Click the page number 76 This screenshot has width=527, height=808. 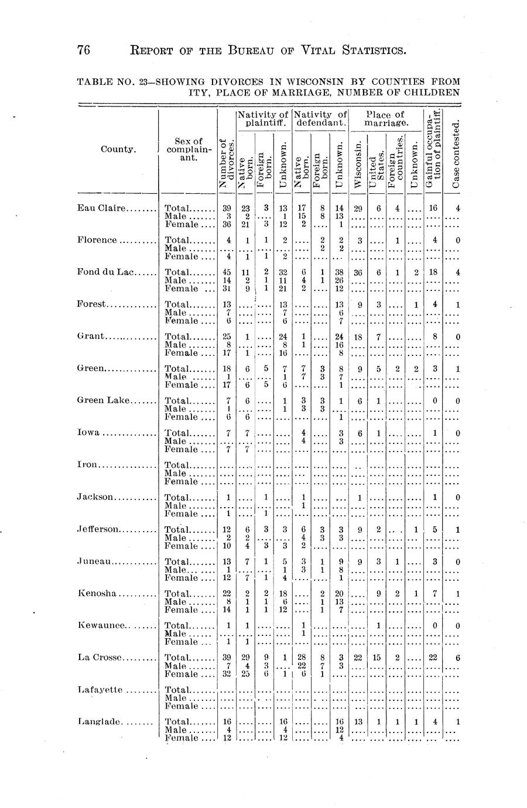(x=84, y=51)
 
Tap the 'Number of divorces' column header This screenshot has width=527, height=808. (x=226, y=162)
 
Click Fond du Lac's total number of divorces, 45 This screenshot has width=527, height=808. (x=227, y=272)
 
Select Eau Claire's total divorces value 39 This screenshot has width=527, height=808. (x=227, y=208)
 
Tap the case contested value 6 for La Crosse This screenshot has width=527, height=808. (x=458, y=657)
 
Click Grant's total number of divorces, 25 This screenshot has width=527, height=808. (x=227, y=336)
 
